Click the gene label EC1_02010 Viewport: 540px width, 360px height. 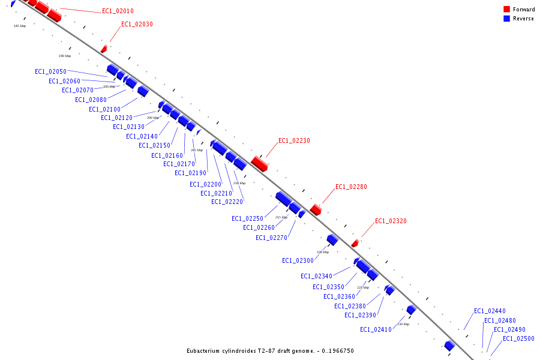click(x=118, y=11)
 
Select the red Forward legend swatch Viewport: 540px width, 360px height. click(x=506, y=9)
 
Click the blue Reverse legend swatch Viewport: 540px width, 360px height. click(x=506, y=19)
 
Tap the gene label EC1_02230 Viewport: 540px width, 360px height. click(x=294, y=140)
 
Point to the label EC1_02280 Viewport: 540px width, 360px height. click(x=351, y=187)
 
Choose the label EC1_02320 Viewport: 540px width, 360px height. click(x=391, y=221)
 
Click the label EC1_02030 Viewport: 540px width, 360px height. click(x=137, y=24)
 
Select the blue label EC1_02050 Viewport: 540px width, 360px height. click(x=50, y=71)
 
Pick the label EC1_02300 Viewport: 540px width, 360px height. click(x=298, y=260)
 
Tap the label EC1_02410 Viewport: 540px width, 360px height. click(x=376, y=329)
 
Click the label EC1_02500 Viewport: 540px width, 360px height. click(x=518, y=338)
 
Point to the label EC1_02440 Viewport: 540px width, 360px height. click(x=490, y=311)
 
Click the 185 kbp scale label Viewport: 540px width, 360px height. click(x=20, y=26)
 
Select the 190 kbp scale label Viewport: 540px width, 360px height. click(x=64, y=56)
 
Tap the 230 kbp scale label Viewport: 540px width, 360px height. click(x=403, y=324)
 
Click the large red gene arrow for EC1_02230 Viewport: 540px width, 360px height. click(x=259, y=163)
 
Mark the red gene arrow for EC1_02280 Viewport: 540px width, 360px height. click(x=316, y=209)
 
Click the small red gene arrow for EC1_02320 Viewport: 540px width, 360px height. click(x=355, y=243)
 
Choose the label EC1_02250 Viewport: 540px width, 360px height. click(x=247, y=218)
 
